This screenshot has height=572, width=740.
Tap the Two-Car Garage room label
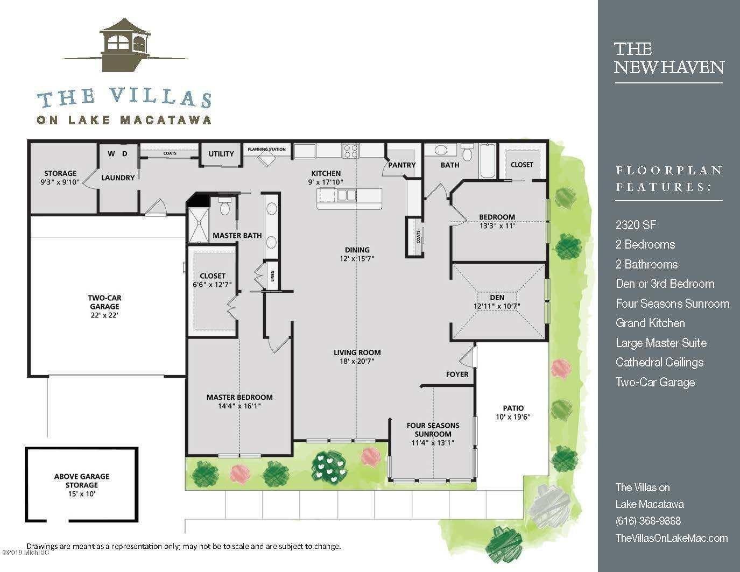tap(104, 302)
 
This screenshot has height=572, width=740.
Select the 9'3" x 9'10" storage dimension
tap(60, 182)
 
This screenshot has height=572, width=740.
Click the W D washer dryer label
tap(118, 154)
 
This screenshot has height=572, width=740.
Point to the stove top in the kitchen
tap(351, 151)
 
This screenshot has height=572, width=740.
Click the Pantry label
tap(402, 165)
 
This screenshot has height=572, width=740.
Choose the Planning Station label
tap(266, 149)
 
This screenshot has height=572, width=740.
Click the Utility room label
tap(221, 154)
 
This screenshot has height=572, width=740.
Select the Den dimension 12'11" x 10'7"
tap(497, 306)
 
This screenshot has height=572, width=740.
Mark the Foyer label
tap(457, 375)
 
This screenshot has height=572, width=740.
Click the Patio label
tap(513, 408)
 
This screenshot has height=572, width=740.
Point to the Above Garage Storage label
tap(82, 481)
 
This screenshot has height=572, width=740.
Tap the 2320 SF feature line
tap(636, 225)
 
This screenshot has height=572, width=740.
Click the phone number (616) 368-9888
tap(648, 520)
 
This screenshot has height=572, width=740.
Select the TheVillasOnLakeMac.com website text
tap(672, 538)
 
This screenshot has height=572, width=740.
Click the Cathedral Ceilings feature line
tap(660, 363)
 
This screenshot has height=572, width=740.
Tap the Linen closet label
tap(272, 276)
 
